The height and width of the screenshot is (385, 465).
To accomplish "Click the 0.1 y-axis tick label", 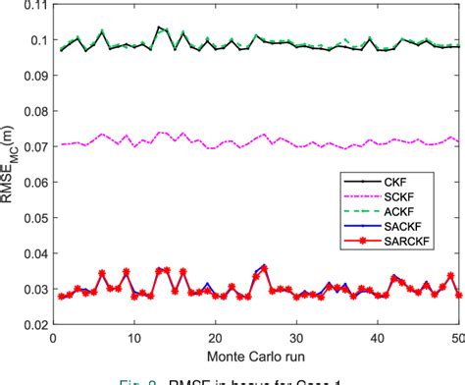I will (x=35, y=40).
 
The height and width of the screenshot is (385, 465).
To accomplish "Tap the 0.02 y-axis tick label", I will (x=32, y=323).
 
